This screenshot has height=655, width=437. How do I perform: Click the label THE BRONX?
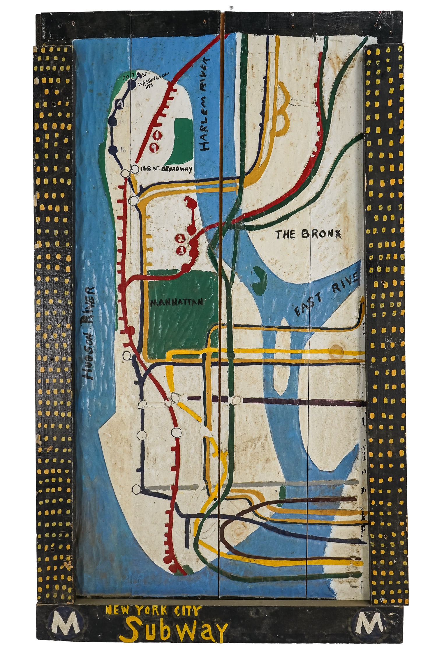point(308,234)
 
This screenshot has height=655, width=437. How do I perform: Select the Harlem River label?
point(205,104)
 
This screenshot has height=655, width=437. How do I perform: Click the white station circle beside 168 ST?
point(135,169)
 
